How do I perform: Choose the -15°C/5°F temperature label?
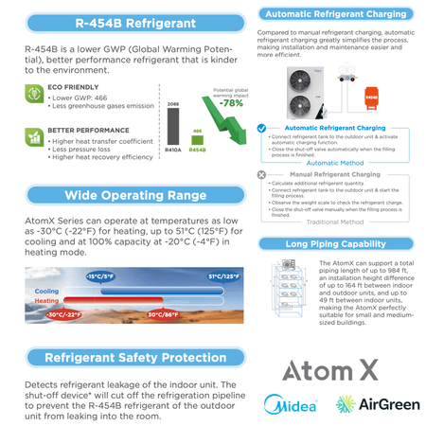(98, 276)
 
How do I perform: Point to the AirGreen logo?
(377, 405)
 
